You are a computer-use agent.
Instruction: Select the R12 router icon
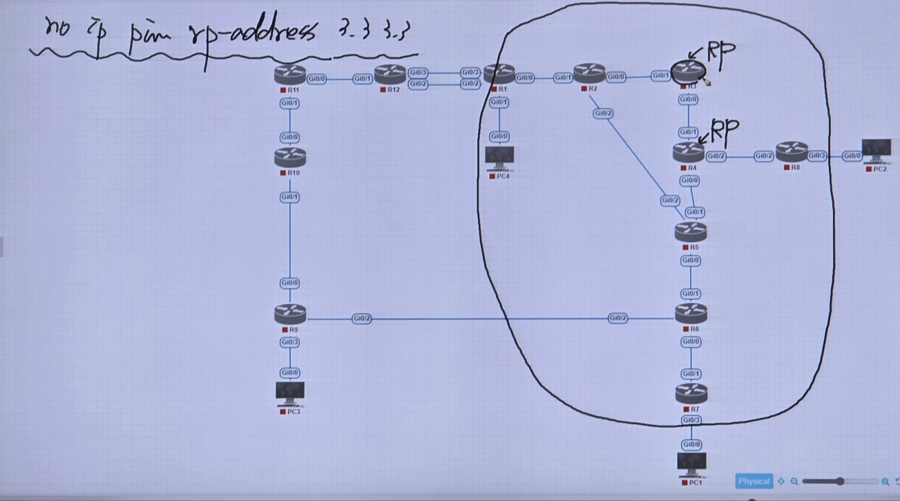click(390, 74)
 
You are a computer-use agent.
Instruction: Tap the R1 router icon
click(499, 74)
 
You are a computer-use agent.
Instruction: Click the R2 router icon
click(588, 73)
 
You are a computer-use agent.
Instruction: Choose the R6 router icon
click(691, 314)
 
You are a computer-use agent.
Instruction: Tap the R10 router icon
click(289, 158)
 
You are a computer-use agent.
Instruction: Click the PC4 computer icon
click(499, 158)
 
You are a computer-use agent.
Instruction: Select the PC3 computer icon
click(290, 393)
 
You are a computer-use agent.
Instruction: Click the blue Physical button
click(754, 481)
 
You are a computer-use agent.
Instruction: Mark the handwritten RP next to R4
click(724, 129)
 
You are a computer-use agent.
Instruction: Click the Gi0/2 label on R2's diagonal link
click(602, 113)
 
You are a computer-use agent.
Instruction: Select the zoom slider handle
click(840, 481)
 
